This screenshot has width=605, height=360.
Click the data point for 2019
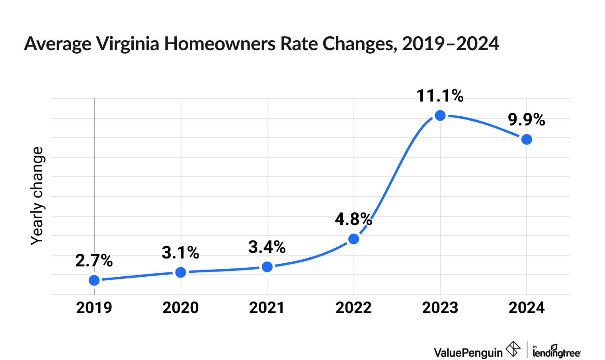[x=94, y=280]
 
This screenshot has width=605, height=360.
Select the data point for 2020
[x=181, y=272]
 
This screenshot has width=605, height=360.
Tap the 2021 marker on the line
[x=267, y=266]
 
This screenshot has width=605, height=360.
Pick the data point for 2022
[x=353, y=239]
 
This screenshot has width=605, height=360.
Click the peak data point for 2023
[x=440, y=115]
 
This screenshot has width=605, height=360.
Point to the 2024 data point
[x=527, y=139]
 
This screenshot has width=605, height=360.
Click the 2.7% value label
[x=94, y=261]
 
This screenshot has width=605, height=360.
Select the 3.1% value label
[x=180, y=253]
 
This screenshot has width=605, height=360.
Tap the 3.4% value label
[x=267, y=247]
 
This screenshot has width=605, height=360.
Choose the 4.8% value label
[x=353, y=219]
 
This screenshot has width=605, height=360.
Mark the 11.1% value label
[x=440, y=96]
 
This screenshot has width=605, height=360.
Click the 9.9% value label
[x=526, y=120]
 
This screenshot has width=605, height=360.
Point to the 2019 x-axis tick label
[x=94, y=308]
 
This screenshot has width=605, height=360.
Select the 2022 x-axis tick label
[x=353, y=308]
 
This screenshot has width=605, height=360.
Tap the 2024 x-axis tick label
[x=527, y=308]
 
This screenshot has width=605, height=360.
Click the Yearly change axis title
[x=38, y=196]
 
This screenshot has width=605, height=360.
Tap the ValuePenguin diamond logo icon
[x=513, y=349]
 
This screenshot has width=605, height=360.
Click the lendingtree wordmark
[x=556, y=352]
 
